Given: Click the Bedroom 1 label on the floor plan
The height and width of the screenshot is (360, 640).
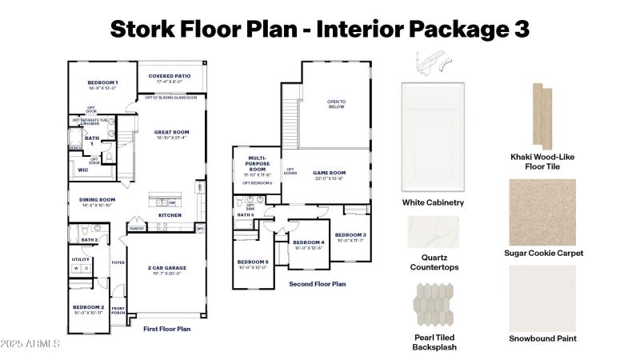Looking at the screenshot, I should [102, 82].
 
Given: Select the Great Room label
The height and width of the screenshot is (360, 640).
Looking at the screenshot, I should [173, 132].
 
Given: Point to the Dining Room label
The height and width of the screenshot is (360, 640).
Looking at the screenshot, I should [97, 199].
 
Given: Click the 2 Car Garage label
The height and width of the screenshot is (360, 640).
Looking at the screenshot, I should [167, 267].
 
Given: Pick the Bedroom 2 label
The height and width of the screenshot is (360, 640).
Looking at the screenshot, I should [89, 307].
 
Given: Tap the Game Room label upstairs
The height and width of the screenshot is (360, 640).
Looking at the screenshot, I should [329, 172].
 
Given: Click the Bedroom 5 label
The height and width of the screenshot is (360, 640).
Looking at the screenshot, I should [253, 262].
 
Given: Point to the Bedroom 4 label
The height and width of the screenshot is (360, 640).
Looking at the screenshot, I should [309, 242].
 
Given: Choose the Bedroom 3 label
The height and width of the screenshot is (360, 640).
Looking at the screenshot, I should [350, 234].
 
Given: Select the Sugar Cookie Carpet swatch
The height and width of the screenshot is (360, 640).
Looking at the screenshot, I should [543, 211].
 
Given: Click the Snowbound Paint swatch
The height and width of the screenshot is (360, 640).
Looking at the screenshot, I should [543, 298].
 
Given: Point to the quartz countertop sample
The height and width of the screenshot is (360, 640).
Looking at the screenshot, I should [434, 233].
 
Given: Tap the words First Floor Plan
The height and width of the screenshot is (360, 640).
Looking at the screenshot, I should [166, 329].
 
